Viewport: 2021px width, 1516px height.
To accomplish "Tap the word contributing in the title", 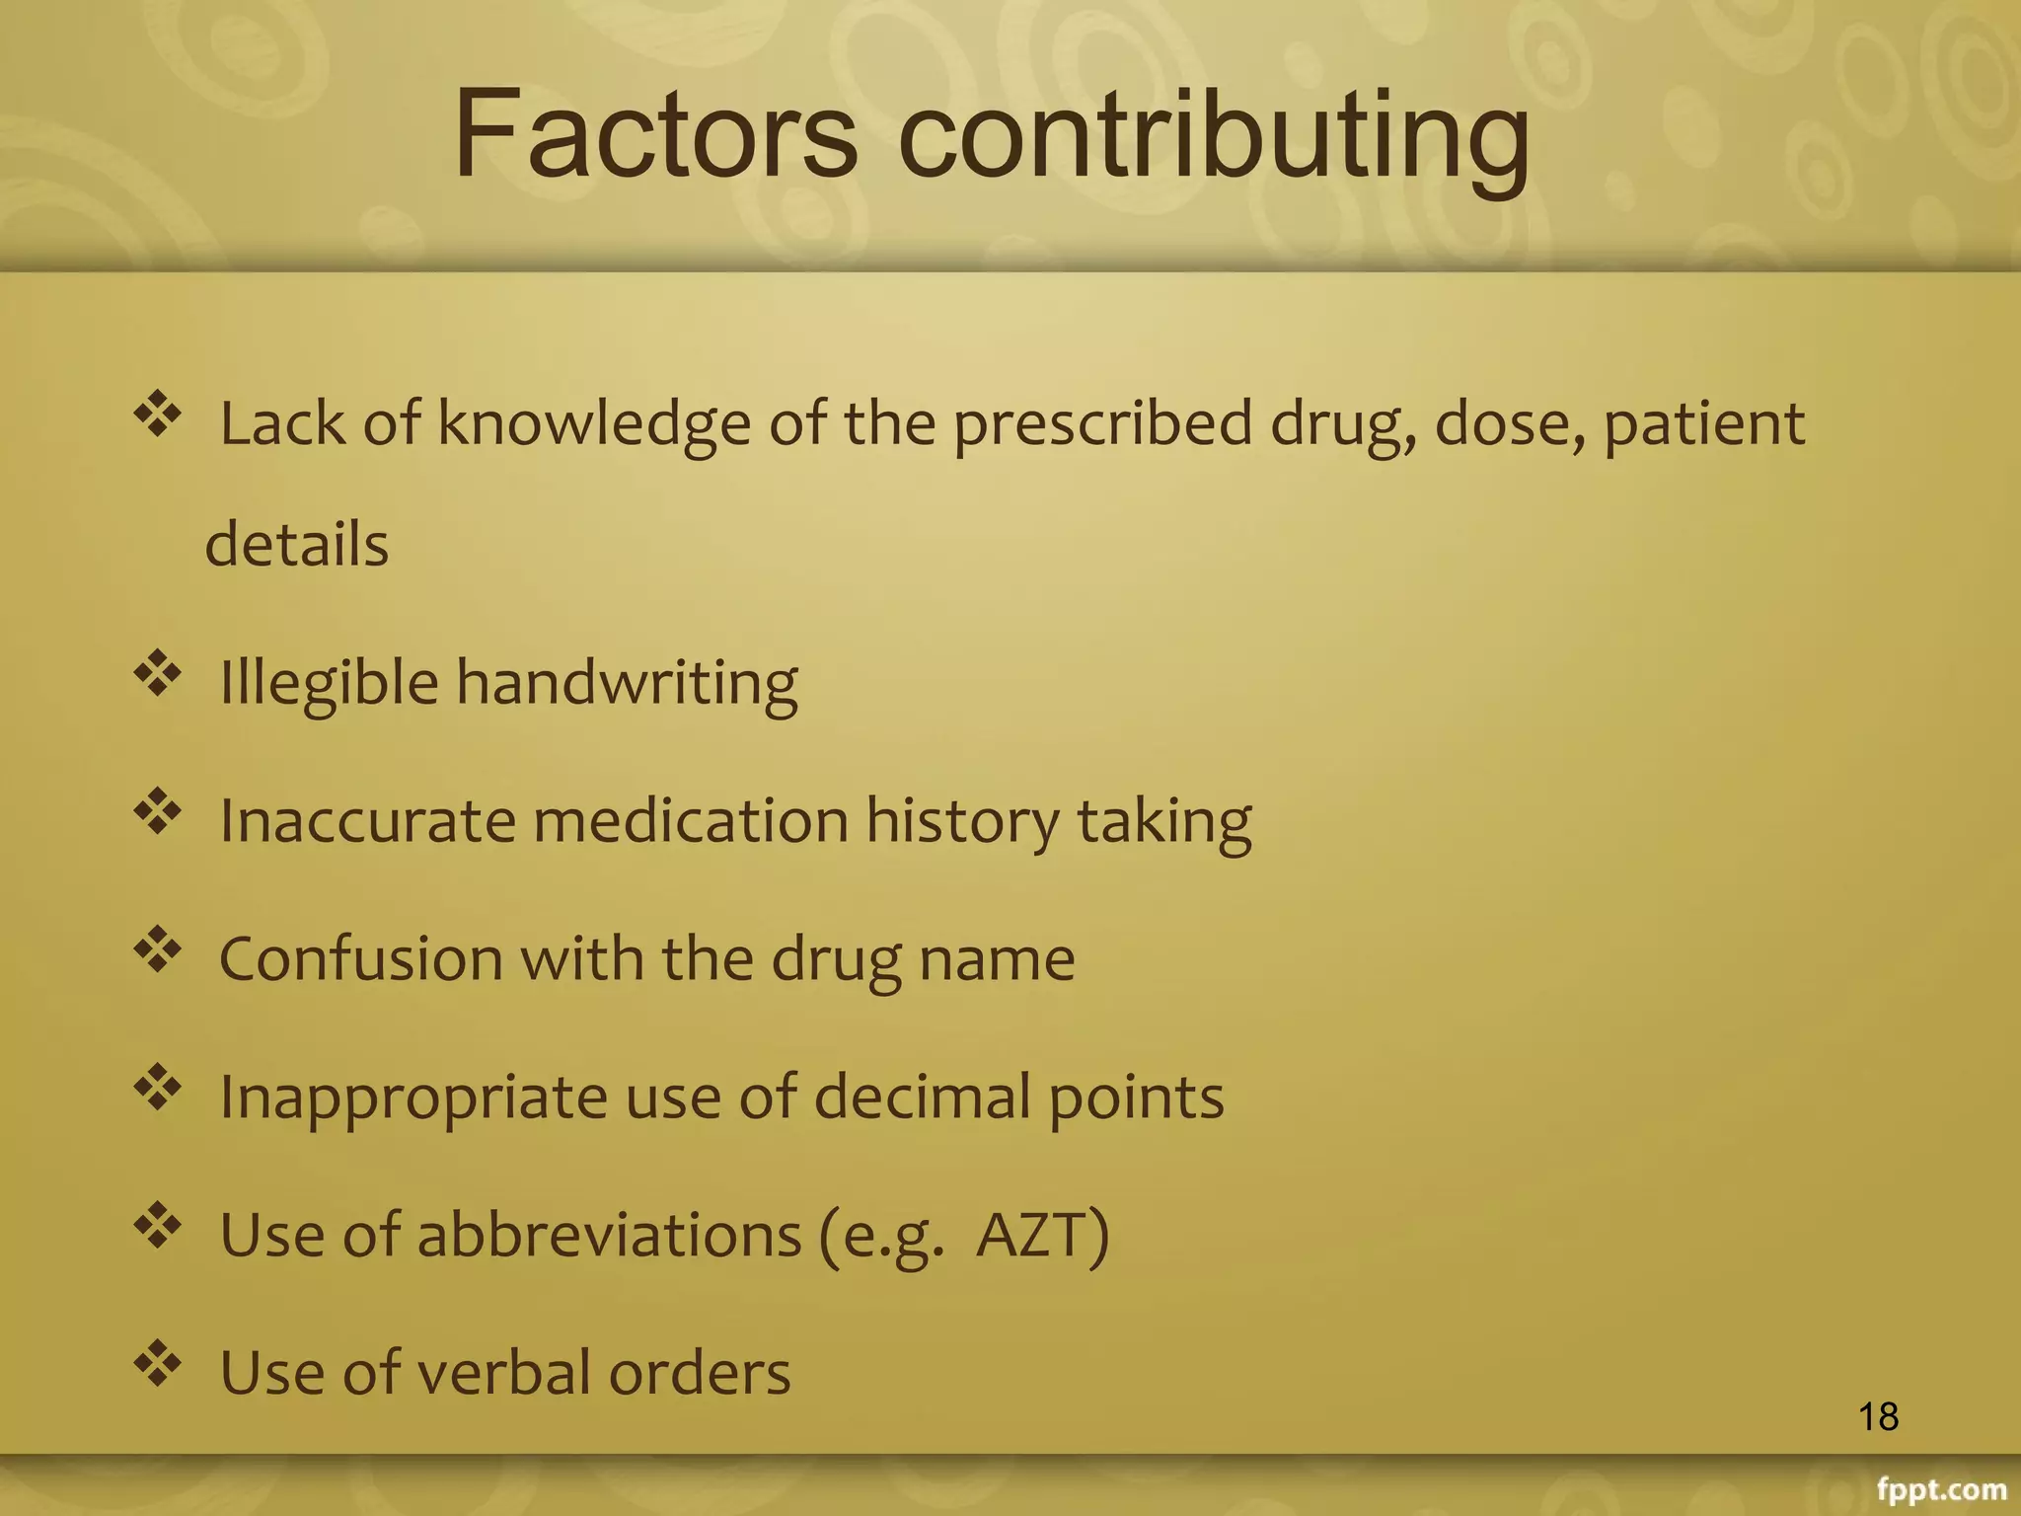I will click(1214, 138).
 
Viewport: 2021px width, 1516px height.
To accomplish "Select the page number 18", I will click(1878, 1417).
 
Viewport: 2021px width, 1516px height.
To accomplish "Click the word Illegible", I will click(329, 683).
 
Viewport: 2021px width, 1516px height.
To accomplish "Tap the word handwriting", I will click(627, 683).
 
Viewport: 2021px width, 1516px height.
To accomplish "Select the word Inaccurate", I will click(367, 820).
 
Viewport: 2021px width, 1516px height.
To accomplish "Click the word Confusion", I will click(361, 958).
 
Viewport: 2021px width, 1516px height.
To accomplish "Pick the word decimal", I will click(922, 1097).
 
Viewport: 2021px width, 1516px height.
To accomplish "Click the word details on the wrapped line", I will click(297, 544).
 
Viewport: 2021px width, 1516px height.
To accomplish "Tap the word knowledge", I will click(594, 424).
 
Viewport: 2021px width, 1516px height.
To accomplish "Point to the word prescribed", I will click(1103, 424).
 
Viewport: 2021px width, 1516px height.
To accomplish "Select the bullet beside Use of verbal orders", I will click(158, 1365).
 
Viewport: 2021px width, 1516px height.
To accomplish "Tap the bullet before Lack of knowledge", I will click(158, 416).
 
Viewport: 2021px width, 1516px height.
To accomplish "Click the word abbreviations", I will click(609, 1235).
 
